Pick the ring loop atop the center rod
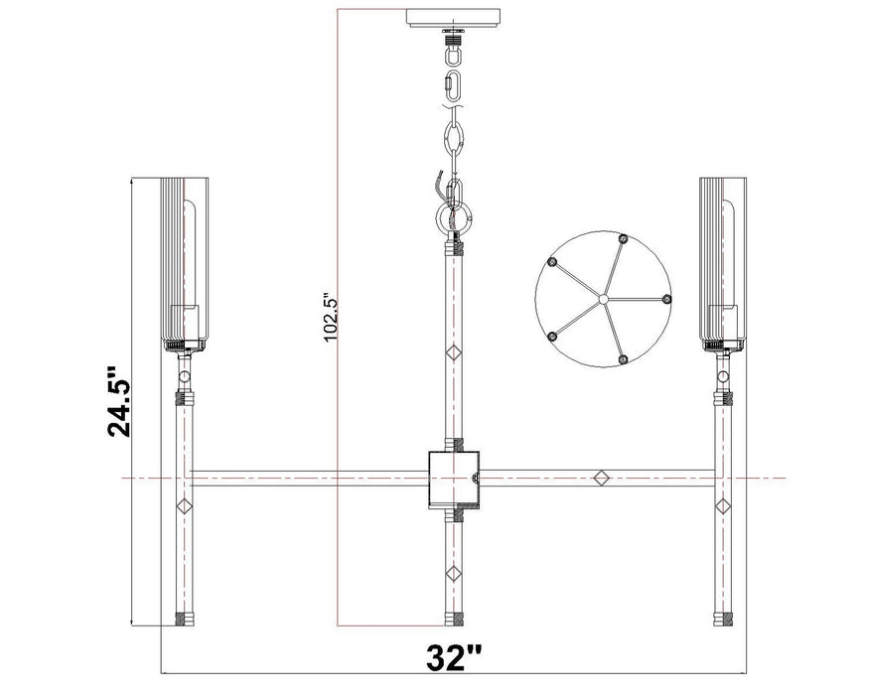[x=454, y=215]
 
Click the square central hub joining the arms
[x=454, y=478]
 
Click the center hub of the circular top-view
[x=601, y=298]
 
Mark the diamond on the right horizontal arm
[x=600, y=479]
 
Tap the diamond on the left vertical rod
[x=183, y=506]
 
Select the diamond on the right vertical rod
[x=723, y=506]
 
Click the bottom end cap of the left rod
[x=183, y=621]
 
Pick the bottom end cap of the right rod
[x=723, y=621]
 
